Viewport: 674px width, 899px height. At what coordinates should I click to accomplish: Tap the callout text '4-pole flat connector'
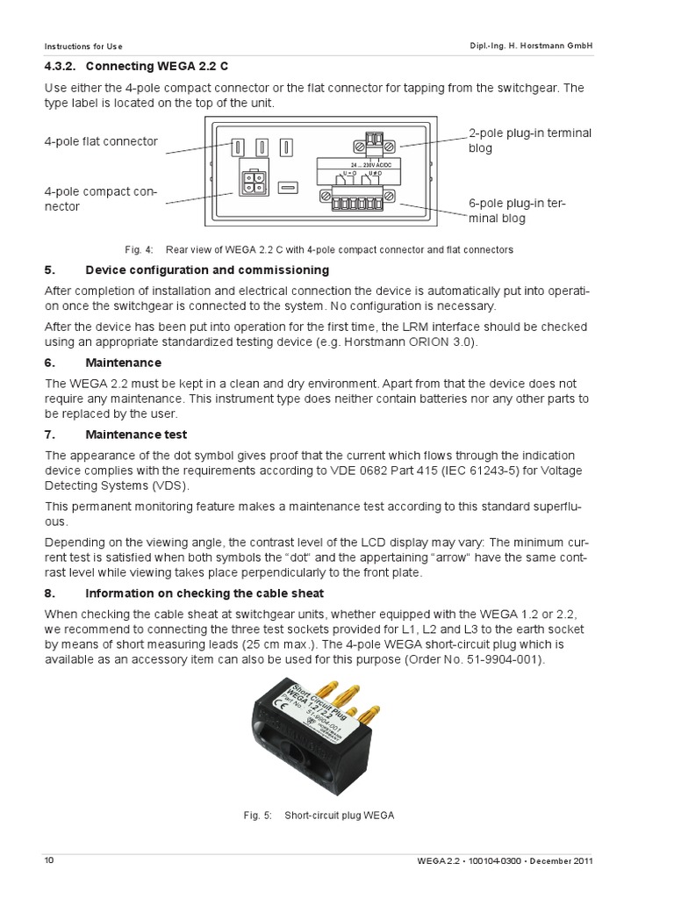pos(101,141)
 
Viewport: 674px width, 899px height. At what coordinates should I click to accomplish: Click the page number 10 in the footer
pos(49,860)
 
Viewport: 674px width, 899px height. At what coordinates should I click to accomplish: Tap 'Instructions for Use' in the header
pos(84,45)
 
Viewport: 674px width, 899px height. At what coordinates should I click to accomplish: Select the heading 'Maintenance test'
pos(136,435)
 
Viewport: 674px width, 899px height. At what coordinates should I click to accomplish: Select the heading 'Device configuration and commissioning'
pos(207,270)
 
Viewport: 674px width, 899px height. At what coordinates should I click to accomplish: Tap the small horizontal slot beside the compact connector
pos(288,187)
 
